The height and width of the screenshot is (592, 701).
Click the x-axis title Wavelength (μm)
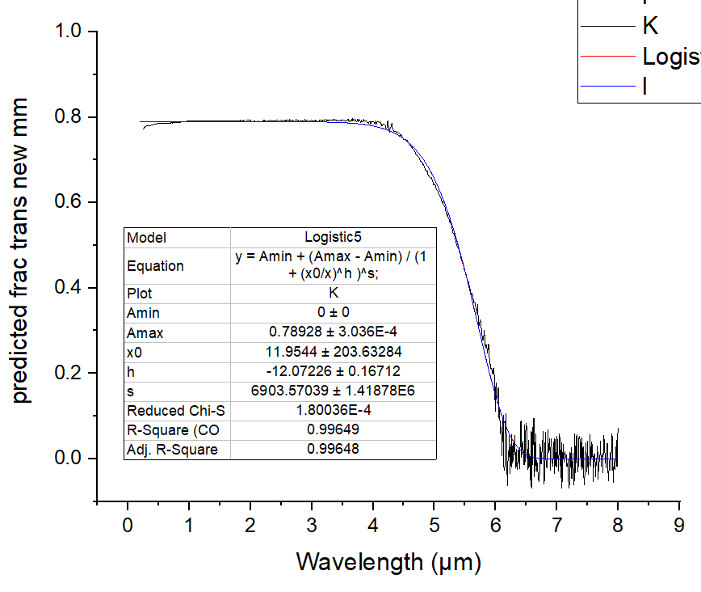click(x=388, y=561)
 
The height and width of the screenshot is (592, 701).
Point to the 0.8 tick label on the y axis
click(x=69, y=117)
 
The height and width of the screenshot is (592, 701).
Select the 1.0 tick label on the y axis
click(x=69, y=32)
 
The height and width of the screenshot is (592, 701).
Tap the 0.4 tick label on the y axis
click(x=69, y=288)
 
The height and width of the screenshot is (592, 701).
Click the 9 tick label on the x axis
click(x=679, y=526)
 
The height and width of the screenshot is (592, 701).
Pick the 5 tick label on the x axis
click(x=434, y=526)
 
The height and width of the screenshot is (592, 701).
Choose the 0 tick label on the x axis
click(x=128, y=526)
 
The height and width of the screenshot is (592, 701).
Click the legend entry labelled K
click(x=650, y=26)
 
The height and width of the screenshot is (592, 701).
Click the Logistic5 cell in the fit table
click(x=333, y=238)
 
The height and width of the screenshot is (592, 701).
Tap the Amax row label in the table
click(x=144, y=332)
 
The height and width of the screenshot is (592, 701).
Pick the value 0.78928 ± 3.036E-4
click(x=333, y=332)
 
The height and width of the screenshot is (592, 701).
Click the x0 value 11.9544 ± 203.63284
click(x=333, y=352)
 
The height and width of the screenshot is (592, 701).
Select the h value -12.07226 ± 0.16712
click(x=333, y=371)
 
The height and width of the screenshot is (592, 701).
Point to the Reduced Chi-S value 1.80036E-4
click(x=333, y=410)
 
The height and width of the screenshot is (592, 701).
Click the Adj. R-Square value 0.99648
click(x=333, y=449)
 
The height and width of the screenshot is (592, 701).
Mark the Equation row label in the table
click(x=155, y=266)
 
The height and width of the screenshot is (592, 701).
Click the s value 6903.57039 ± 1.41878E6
click(x=333, y=391)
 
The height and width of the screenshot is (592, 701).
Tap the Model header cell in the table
click(x=146, y=238)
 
